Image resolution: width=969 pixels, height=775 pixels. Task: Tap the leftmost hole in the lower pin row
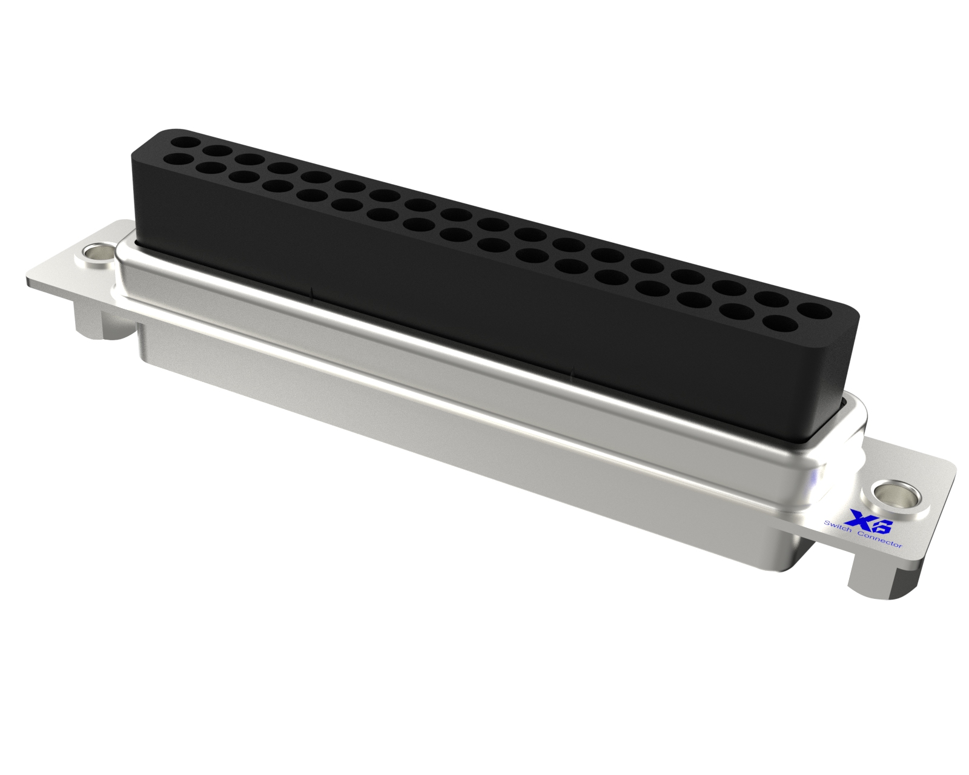pyautogui.click(x=177, y=159)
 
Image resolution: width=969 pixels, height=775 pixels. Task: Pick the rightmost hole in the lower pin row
pyautogui.click(x=779, y=323)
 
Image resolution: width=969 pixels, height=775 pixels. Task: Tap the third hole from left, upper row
pyautogui.click(x=250, y=159)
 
